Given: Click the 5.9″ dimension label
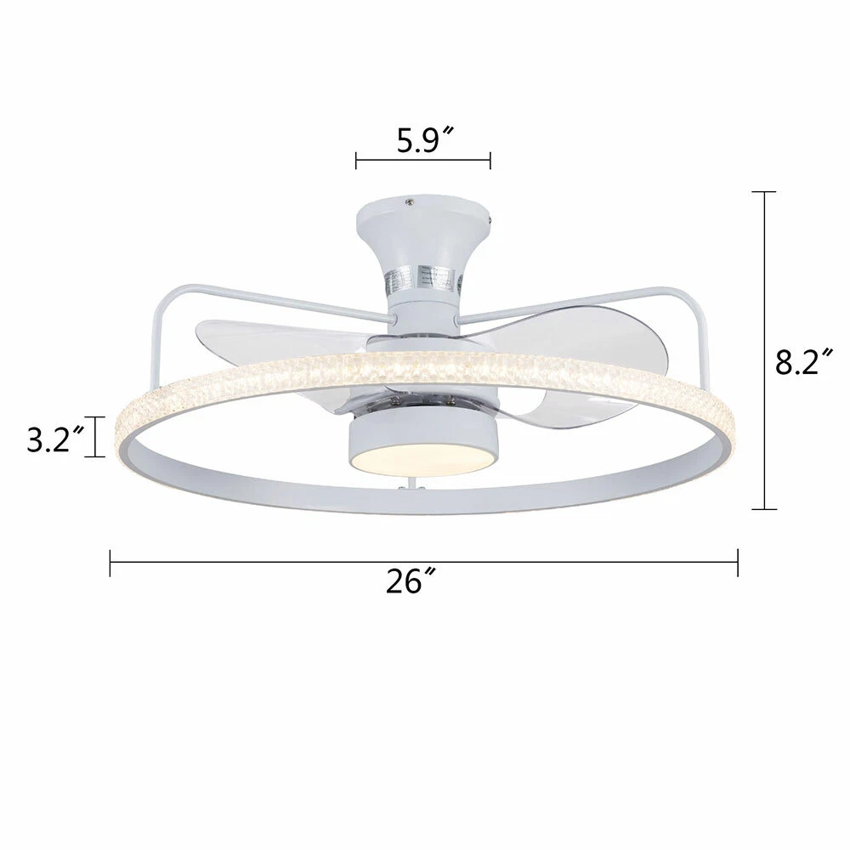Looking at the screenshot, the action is [425, 141].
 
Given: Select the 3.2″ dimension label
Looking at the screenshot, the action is [56, 439].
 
